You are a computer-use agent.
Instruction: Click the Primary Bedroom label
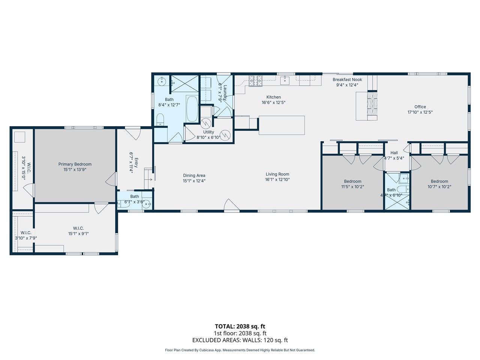[75, 164]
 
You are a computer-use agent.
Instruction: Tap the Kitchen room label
[273, 97]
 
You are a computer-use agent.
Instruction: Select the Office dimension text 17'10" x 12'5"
[420, 112]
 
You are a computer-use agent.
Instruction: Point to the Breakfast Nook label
[347, 79]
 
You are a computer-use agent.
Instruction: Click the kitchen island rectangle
[282, 125]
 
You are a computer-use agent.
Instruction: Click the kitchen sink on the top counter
[285, 80]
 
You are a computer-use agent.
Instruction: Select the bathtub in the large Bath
[192, 109]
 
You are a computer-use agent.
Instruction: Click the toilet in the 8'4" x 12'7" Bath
[160, 119]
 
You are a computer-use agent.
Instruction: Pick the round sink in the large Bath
[162, 81]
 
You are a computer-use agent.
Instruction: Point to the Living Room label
[277, 174]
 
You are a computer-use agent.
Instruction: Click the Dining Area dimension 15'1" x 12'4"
[194, 181]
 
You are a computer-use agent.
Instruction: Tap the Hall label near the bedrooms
[394, 153]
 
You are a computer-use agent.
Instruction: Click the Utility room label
[208, 132]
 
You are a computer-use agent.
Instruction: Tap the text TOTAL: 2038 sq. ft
[240, 326]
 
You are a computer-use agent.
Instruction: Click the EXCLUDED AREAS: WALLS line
[240, 340]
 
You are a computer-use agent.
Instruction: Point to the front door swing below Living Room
[231, 205]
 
